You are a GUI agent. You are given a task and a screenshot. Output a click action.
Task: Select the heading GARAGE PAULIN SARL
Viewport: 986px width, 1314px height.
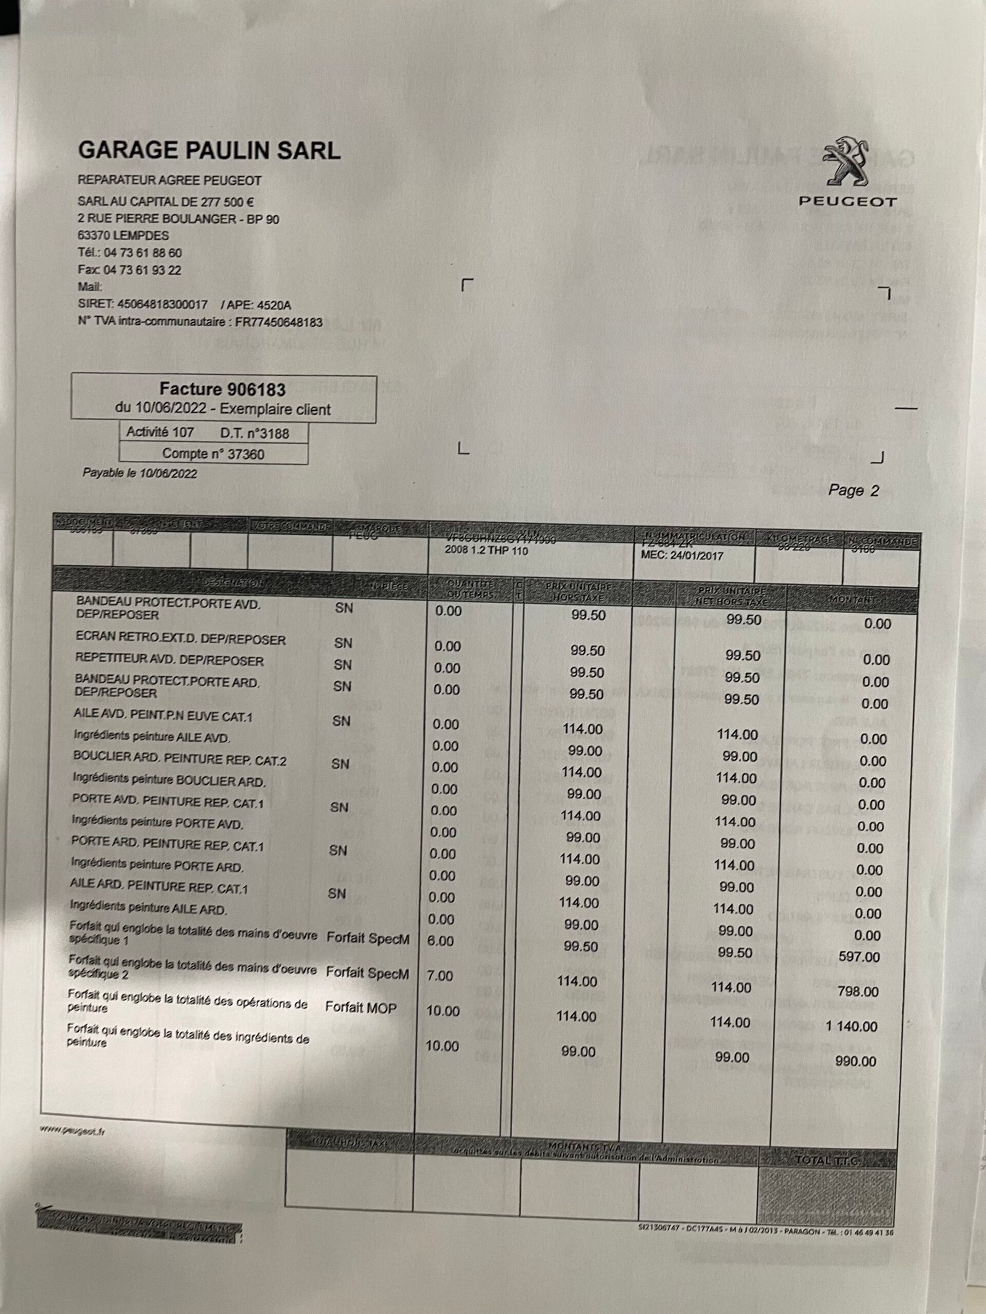(210, 150)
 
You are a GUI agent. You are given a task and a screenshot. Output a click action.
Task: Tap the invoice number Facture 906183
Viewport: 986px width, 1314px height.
(222, 389)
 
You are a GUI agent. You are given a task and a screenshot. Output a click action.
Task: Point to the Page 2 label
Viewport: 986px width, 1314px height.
(854, 491)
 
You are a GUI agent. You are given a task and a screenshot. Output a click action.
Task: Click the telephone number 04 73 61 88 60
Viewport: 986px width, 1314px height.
(142, 253)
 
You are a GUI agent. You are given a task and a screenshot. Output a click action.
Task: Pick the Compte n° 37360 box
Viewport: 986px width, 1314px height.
(213, 454)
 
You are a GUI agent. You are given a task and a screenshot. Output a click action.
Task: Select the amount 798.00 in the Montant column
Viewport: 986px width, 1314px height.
(858, 992)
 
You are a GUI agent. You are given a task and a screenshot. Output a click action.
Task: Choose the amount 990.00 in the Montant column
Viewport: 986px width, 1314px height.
(855, 1061)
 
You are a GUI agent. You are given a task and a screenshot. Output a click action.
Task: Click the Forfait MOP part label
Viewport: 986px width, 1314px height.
(361, 1007)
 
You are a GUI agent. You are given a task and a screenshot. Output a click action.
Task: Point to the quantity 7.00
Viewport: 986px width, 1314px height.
(440, 976)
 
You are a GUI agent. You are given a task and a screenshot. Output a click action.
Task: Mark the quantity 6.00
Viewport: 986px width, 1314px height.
(440, 941)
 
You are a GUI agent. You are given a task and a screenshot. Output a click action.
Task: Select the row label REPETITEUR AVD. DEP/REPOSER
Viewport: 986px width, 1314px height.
(169, 660)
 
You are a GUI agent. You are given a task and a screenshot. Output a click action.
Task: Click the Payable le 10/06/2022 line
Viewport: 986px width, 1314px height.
(140, 474)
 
